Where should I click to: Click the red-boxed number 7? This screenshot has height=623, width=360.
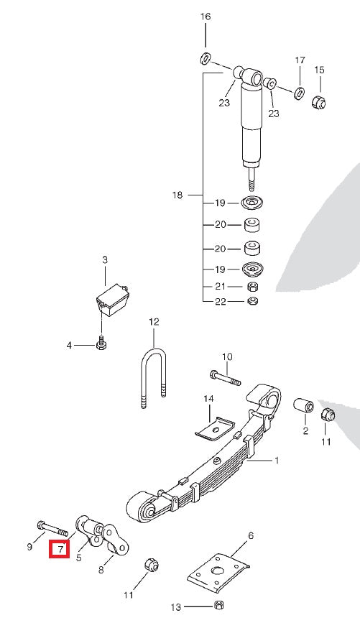59,550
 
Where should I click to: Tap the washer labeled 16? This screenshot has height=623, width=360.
205,57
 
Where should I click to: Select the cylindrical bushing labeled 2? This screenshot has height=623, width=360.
304,407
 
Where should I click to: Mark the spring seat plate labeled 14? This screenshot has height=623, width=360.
215,430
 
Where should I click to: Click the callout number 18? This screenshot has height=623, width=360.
178,195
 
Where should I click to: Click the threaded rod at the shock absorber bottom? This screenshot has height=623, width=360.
253,176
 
